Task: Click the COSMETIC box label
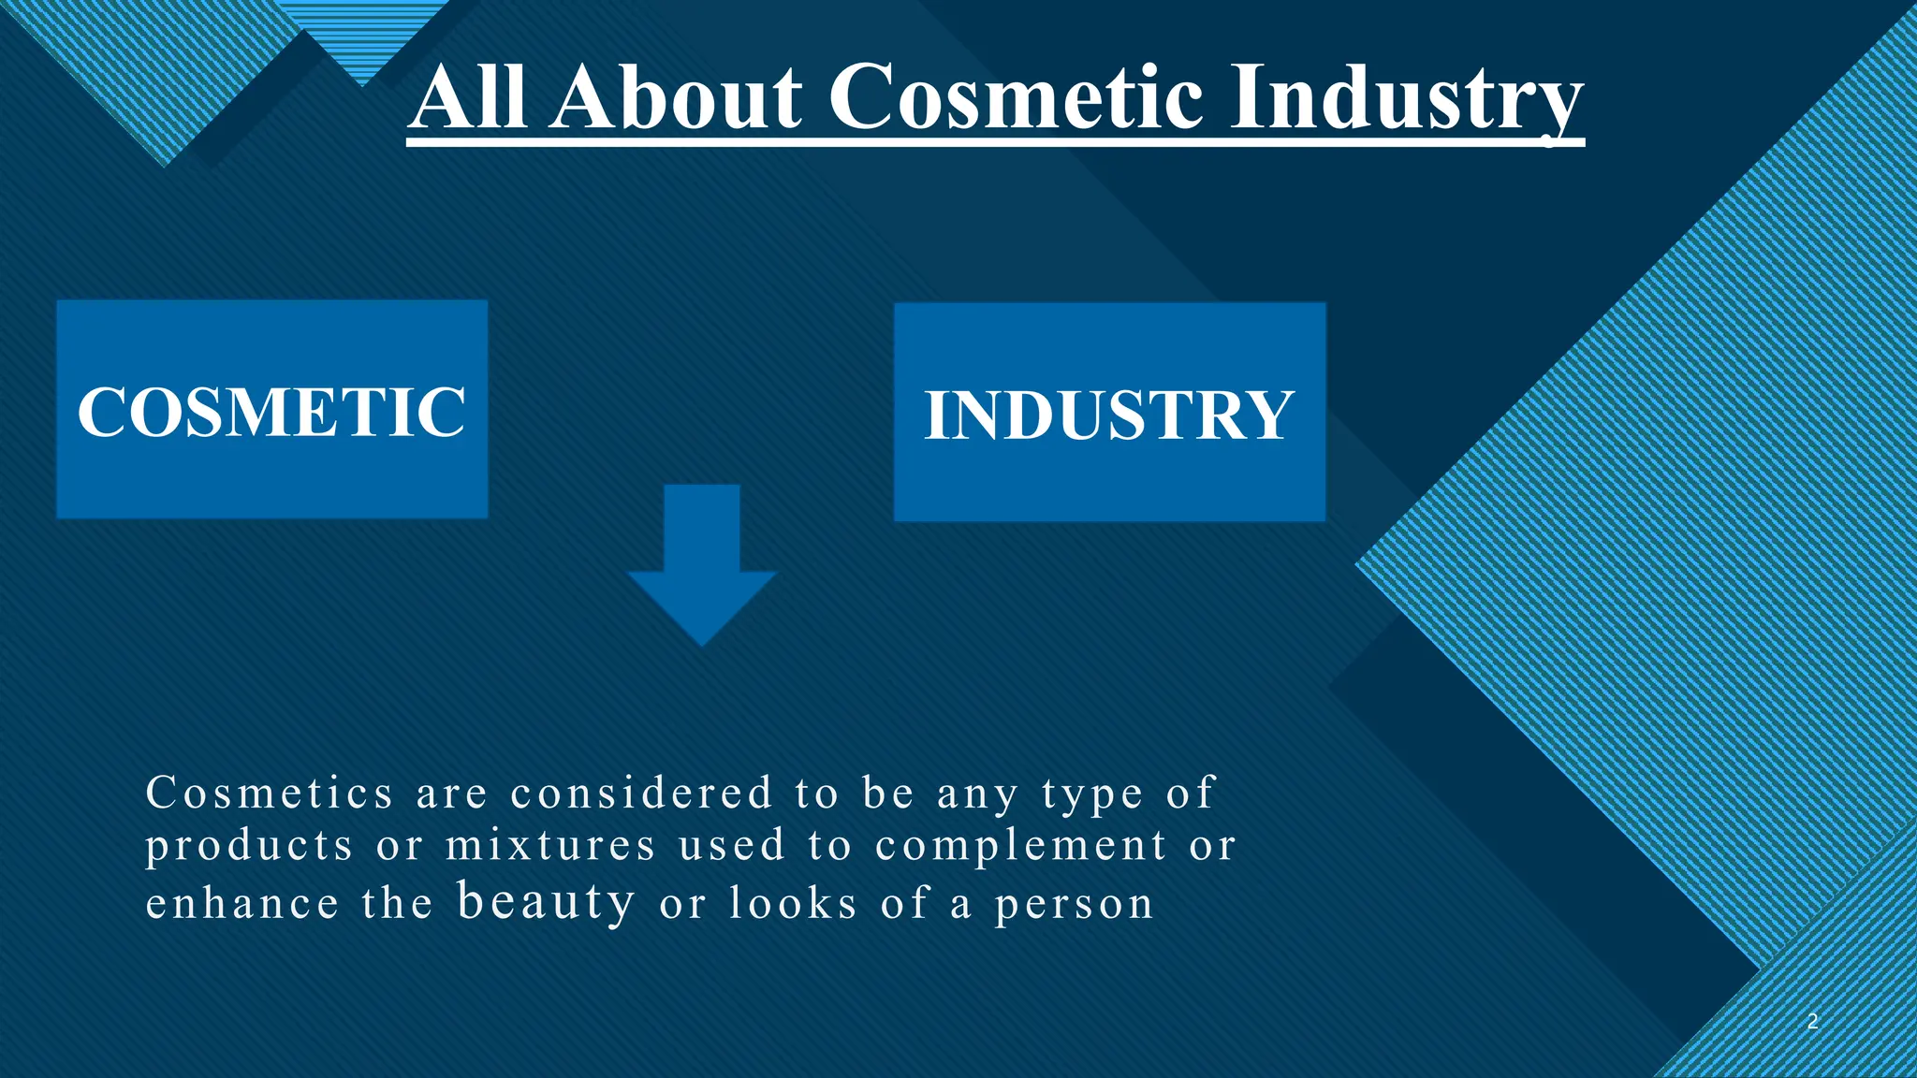[271, 412]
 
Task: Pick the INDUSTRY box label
[1109, 415]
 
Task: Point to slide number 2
[1812, 1022]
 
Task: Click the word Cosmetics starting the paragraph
[270, 794]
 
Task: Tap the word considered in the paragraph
[642, 794]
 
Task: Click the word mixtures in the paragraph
[550, 846]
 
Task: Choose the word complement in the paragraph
[1021, 847]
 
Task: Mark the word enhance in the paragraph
[242, 904]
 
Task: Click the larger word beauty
[547, 902]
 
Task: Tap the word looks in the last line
[793, 904]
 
